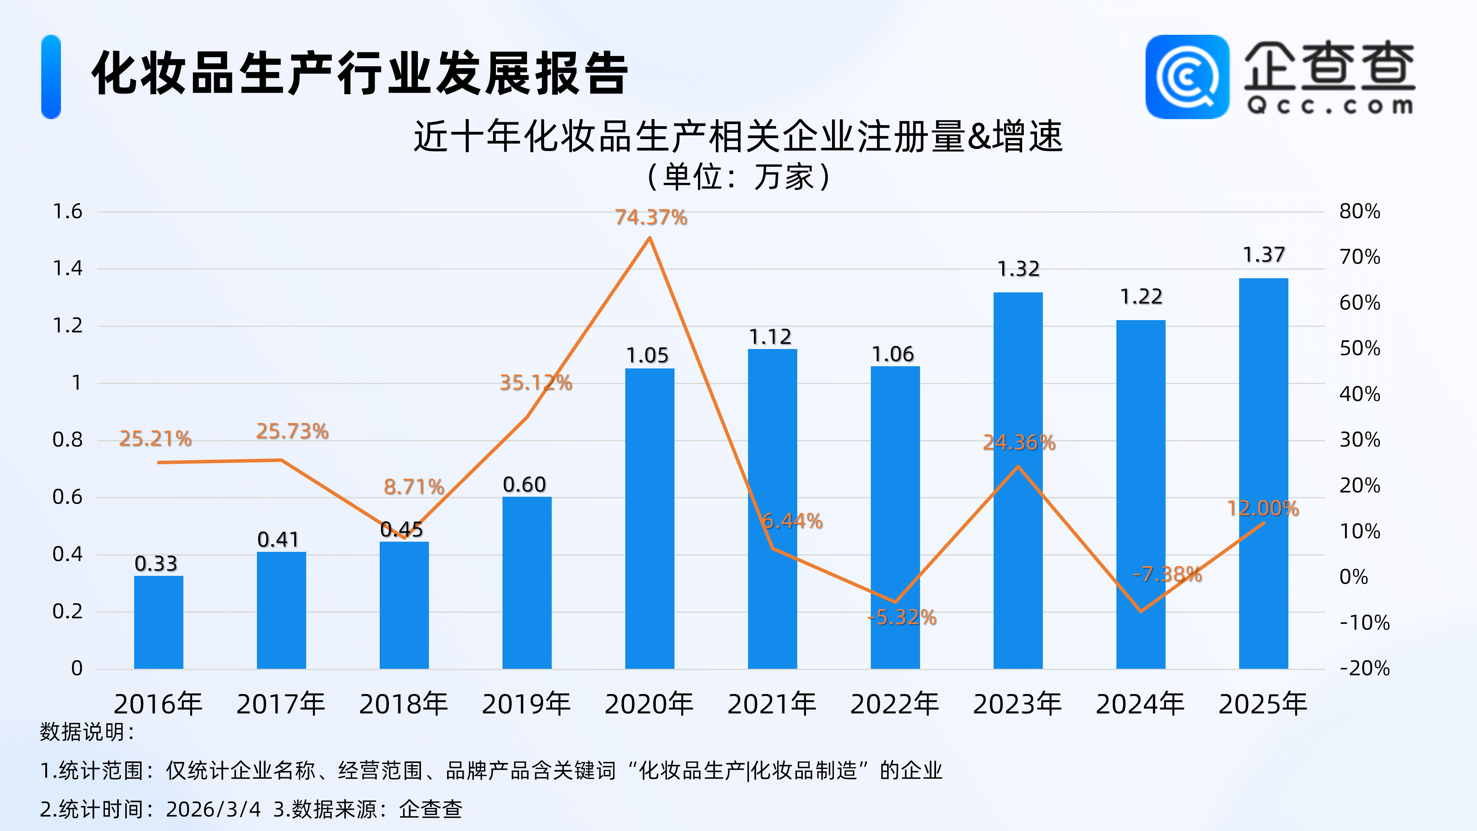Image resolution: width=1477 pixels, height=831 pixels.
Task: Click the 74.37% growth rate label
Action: click(651, 217)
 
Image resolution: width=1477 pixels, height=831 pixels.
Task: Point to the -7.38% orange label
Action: click(1167, 574)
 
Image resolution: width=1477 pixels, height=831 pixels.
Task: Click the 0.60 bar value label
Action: click(524, 485)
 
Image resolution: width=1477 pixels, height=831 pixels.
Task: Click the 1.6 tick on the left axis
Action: click(68, 212)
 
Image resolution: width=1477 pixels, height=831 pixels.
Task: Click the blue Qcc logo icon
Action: click(1187, 77)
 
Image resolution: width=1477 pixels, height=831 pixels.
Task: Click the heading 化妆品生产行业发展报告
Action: click(360, 74)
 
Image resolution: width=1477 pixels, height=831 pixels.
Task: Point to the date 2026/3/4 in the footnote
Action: click(213, 809)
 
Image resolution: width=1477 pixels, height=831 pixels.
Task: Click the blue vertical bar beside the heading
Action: click(51, 77)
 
